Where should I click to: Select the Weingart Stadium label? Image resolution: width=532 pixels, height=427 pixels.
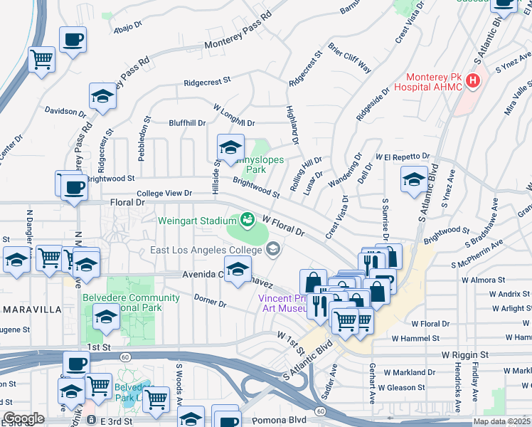[x=196, y=221]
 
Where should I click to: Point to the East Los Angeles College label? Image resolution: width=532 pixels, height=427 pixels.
[x=206, y=250]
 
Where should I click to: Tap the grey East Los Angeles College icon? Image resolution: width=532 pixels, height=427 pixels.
[x=272, y=248]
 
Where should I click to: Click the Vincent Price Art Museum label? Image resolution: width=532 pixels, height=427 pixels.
[x=283, y=303]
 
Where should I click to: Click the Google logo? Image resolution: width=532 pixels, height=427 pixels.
[x=23, y=418]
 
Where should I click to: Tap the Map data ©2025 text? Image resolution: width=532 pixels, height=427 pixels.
[x=501, y=421]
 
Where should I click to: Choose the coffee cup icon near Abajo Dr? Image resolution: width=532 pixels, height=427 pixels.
[x=73, y=40]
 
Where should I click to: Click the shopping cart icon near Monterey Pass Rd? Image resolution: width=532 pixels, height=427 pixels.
[x=42, y=60]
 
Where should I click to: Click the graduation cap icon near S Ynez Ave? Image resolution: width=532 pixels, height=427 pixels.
[x=414, y=179]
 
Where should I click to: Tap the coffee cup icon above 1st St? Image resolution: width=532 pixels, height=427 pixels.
[x=76, y=364]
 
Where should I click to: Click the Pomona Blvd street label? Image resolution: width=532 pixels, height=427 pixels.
[x=282, y=419]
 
